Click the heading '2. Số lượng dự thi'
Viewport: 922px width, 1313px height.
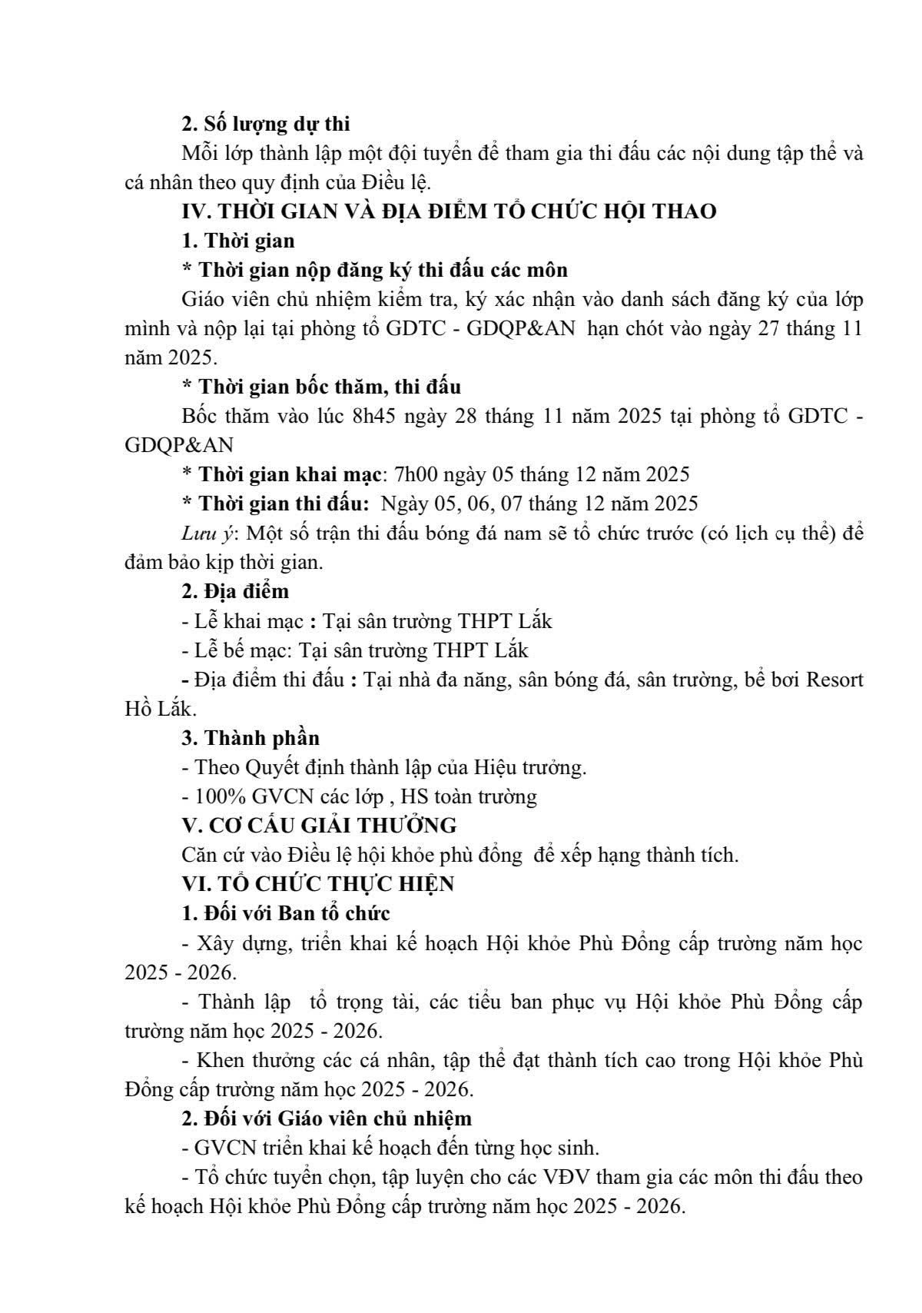[266, 124]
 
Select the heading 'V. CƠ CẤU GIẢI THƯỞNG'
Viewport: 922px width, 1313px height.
[319, 826]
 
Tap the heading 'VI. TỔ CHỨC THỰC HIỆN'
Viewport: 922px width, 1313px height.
[317, 884]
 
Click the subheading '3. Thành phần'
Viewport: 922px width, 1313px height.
[250, 738]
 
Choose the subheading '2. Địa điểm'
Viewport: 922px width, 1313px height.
[235, 592]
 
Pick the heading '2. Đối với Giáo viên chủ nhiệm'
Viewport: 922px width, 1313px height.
[327, 1119]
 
